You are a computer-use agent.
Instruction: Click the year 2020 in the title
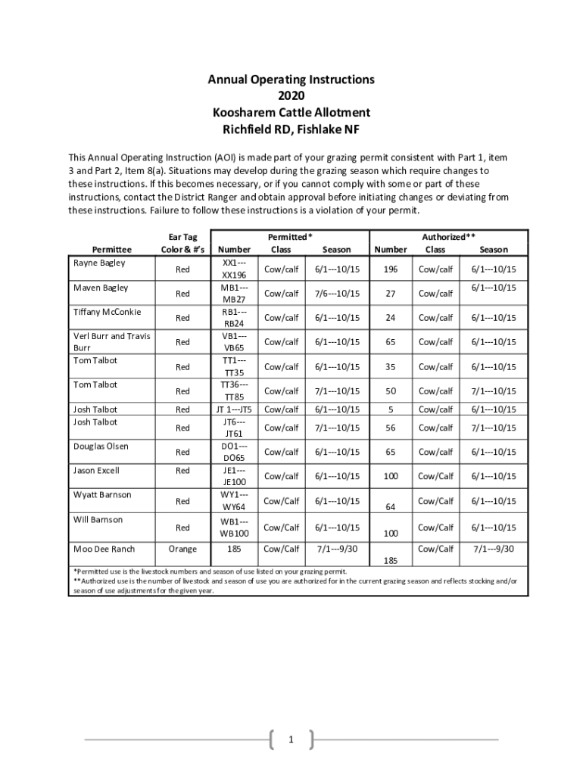click(291, 96)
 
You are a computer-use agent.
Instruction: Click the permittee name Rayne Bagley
click(99, 263)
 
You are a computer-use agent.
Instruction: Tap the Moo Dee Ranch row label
click(104, 549)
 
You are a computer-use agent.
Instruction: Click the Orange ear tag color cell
click(182, 549)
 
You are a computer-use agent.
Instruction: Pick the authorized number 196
click(391, 269)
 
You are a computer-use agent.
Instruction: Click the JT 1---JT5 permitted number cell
click(234, 409)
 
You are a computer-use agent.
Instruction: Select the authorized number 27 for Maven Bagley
click(391, 294)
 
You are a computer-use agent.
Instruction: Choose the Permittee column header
click(111, 249)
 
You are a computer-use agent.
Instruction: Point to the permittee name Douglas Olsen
click(101, 446)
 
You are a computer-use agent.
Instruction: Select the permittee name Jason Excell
click(98, 470)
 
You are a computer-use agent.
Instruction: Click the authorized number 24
click(391, 318)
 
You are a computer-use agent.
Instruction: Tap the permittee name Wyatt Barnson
click(102, 495)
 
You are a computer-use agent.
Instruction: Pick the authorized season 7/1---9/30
click(494, 549)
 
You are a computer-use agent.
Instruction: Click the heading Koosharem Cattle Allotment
click(291, 113)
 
